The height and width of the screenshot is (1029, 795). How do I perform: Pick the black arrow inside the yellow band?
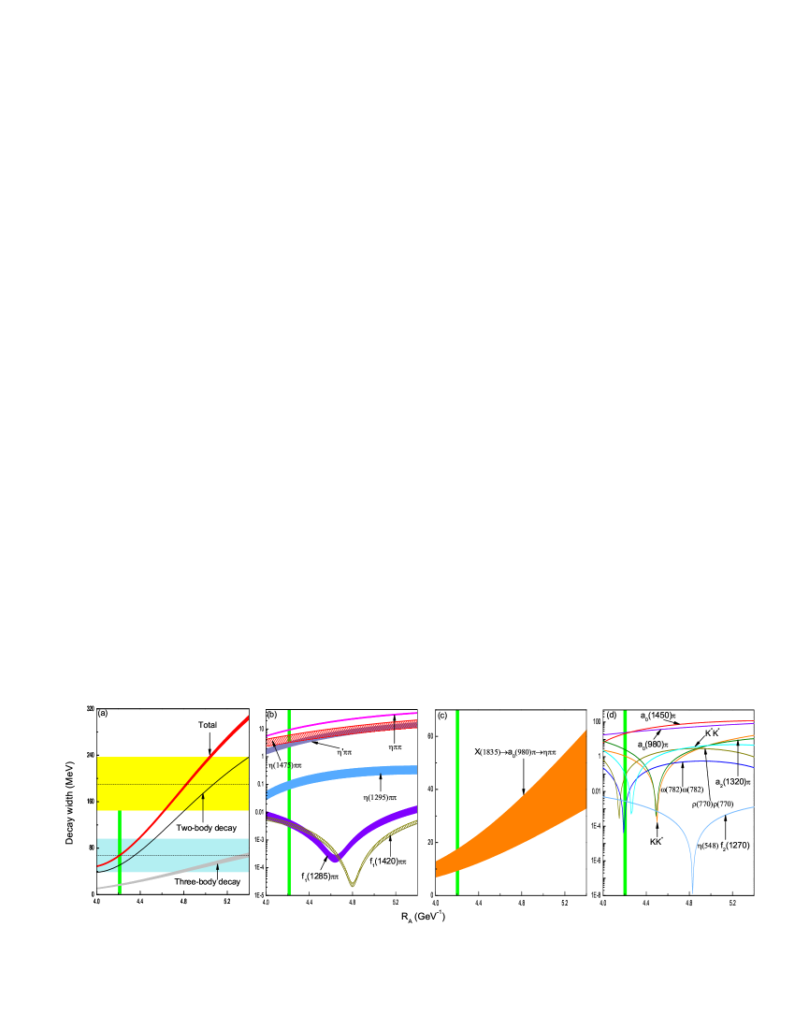203,802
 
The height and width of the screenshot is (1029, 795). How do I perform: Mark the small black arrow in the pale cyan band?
218,868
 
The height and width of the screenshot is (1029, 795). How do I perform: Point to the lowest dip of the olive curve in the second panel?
353,885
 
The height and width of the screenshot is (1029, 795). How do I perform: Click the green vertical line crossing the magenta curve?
289,729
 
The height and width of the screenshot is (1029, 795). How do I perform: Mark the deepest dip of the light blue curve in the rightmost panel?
692,889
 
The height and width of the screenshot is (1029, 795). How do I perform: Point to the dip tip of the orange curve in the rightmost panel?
657,818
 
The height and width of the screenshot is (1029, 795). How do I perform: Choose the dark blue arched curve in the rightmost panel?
701,762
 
